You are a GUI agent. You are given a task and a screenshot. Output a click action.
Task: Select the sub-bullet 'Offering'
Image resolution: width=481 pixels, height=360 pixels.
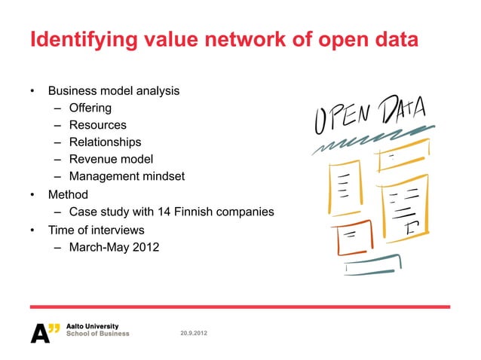pos(90,108)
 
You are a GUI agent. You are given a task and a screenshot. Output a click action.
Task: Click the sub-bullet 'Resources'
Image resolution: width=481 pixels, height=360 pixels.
pos(98,125)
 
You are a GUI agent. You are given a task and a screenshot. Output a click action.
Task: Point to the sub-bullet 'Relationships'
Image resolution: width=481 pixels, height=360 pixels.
pos(105,142)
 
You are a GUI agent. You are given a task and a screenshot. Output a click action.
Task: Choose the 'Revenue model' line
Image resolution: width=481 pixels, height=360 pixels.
pos(111,159)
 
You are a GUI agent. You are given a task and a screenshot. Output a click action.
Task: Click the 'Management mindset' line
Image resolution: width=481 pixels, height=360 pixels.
pos(127,177)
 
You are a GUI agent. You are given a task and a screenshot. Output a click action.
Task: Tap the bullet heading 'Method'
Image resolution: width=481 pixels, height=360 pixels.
pos(68,194)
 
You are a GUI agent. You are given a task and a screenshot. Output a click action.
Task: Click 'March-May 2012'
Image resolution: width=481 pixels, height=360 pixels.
pos(114,247)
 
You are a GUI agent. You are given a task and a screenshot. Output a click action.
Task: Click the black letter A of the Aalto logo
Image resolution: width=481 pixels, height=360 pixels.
pos(39,332)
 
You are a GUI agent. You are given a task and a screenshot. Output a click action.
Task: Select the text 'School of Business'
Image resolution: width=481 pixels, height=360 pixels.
pos(99,334)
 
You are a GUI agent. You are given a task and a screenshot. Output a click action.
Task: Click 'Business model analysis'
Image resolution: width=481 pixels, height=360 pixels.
pos(113,91)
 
